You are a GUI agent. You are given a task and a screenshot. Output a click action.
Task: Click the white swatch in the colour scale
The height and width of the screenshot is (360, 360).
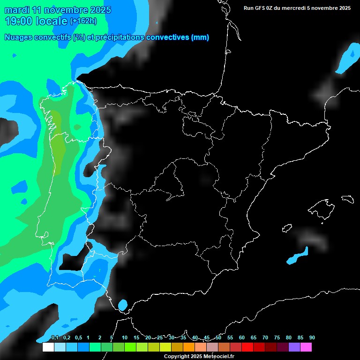[48, 347]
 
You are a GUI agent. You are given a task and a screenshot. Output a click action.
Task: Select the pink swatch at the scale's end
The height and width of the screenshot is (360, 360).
[306, 347]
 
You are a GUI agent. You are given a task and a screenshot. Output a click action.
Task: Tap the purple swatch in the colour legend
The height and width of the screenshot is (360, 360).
[294, 347]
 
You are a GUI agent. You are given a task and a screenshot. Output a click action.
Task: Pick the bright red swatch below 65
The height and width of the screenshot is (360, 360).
[247, 347]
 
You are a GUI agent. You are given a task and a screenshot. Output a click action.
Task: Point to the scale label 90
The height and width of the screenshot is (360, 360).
[312, 338]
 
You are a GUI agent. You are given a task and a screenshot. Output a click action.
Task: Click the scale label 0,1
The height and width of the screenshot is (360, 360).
[54, 338]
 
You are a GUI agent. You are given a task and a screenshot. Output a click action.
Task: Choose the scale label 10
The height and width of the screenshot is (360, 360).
[124, 338]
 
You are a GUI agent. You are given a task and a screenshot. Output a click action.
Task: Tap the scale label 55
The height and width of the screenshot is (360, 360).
[230, 338]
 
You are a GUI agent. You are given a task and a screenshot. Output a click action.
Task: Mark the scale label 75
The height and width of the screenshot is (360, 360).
[277, 338]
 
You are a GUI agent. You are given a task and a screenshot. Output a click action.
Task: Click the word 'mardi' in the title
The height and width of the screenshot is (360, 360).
[17, 10]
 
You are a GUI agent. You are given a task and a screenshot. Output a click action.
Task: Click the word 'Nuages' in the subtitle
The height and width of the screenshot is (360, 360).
[18, 37]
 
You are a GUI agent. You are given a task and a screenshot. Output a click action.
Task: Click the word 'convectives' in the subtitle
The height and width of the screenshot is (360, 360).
[168, 37]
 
